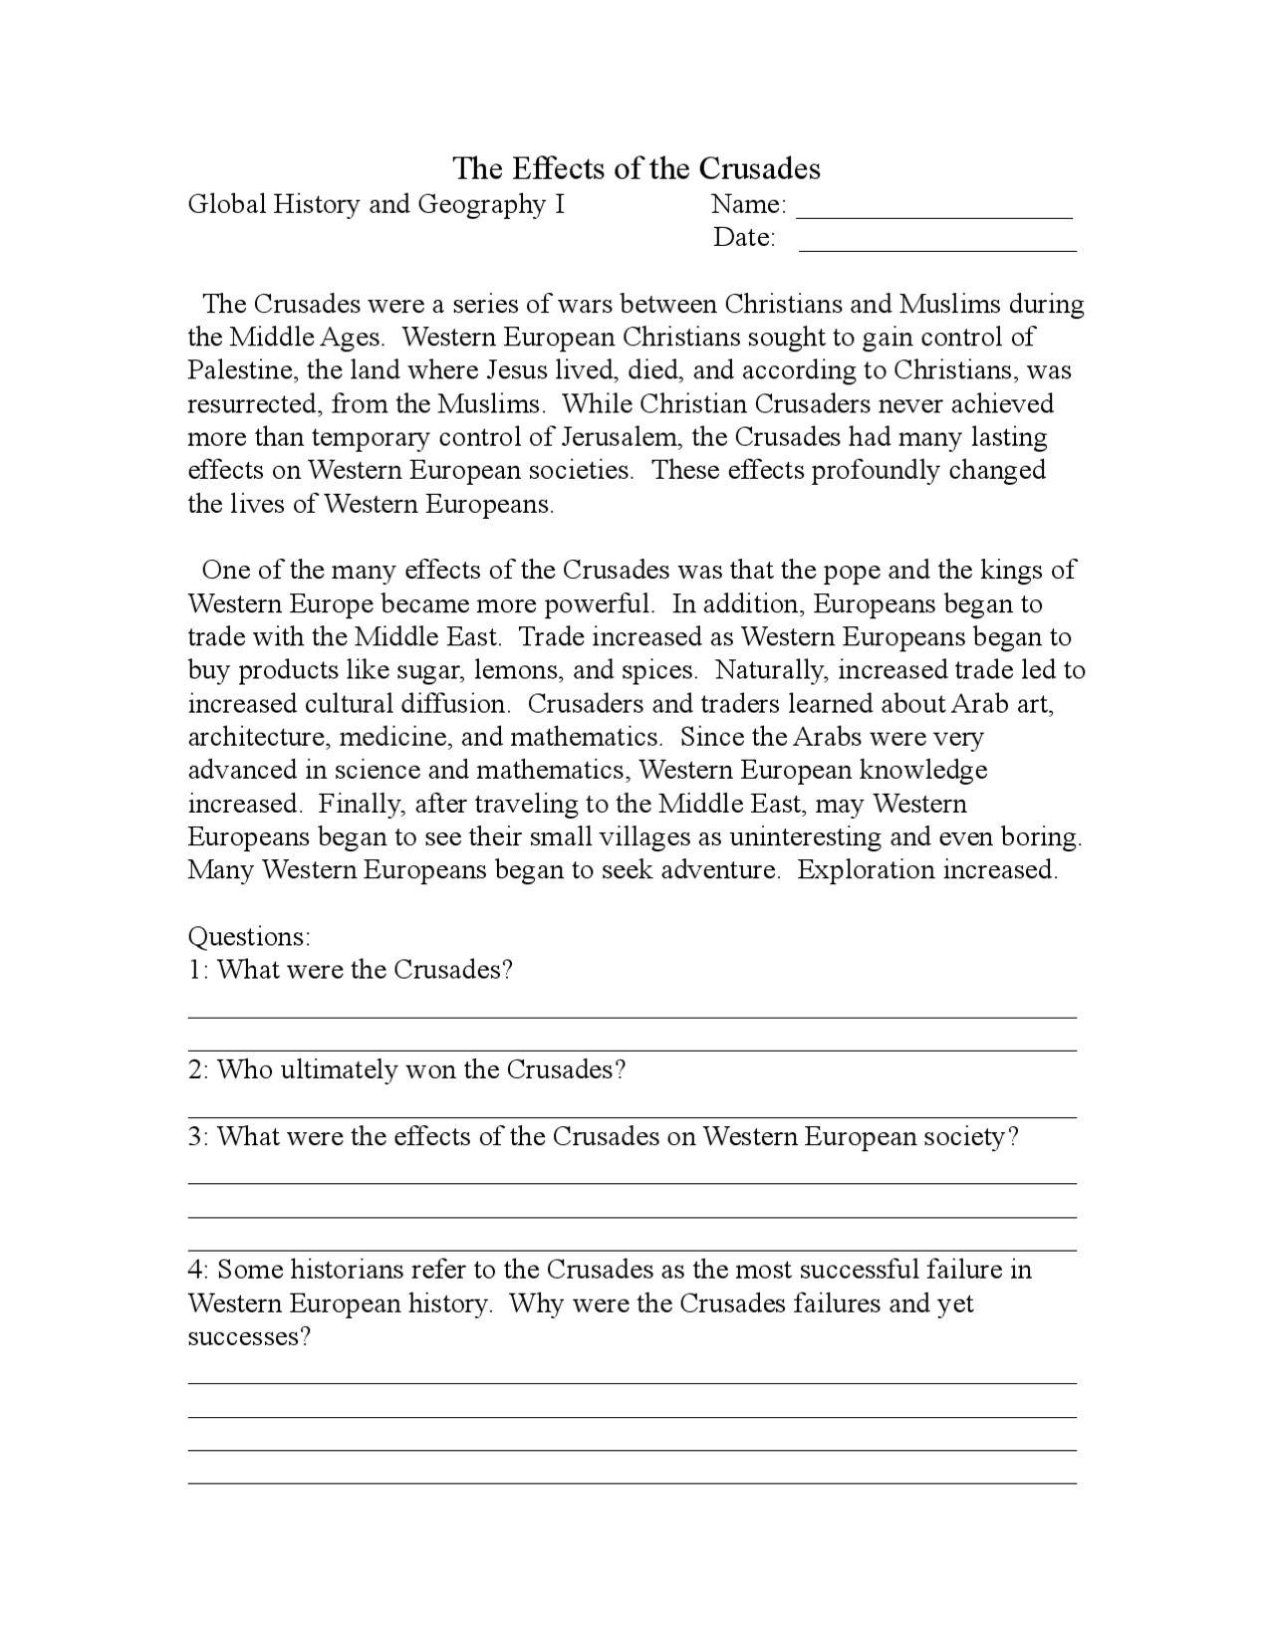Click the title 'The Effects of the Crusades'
point(637,168)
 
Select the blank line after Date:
point(937,248)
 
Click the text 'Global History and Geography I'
point(377,205)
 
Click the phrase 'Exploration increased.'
point(927,870)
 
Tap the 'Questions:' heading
point(249,937)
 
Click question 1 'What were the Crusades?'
point(365,970)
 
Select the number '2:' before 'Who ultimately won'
point(198,1070)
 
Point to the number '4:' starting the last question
point(198,1270)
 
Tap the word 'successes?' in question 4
point(249,1336)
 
